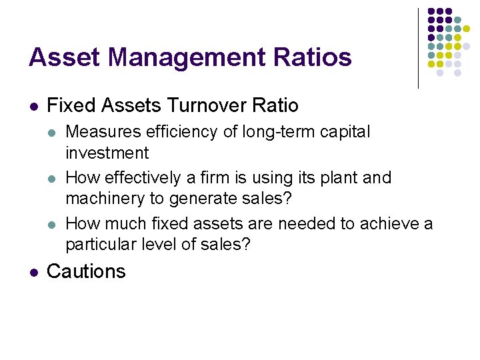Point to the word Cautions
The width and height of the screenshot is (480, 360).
(87, 271)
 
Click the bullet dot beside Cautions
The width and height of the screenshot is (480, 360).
(33, 272)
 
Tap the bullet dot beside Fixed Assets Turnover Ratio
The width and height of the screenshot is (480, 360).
(33, 106)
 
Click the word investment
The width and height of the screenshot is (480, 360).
(107, 153)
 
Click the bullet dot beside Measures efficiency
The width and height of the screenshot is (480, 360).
(53, 133)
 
